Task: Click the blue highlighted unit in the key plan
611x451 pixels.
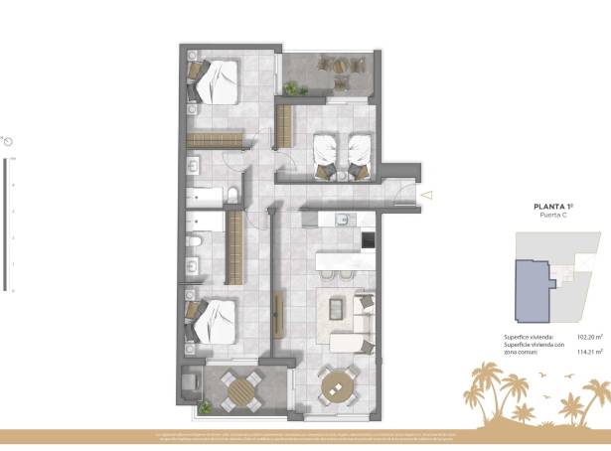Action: click(x=535, y=291)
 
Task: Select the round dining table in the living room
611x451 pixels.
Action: click(x=338, y=383)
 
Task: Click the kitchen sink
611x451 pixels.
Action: click(x=343, y=219)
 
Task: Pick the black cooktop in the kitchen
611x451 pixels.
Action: click(x=368, y=239)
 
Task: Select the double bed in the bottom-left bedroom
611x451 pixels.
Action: click(x=217, y=320)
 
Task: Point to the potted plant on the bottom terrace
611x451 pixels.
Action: click(x=205, y=407)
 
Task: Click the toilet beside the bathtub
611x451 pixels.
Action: click(x=230, y=193)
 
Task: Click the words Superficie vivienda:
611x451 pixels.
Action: click(x=529, y=337)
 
